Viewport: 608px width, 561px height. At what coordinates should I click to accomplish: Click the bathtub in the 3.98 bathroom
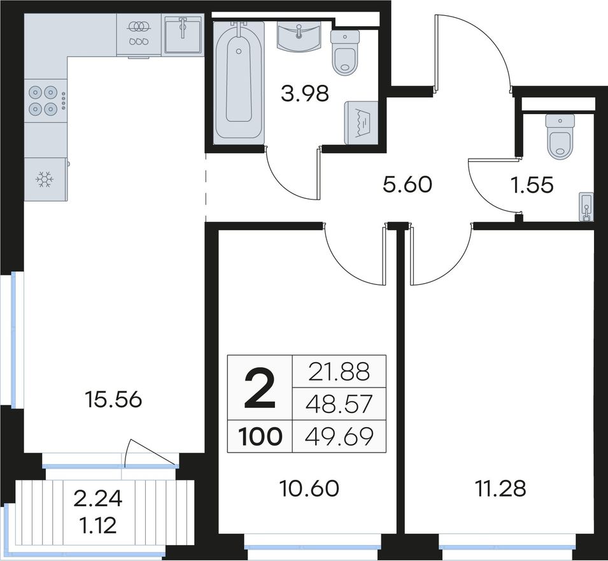click(x=239, y=80)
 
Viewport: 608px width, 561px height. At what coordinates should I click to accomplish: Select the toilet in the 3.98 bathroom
click(x=344, y=52)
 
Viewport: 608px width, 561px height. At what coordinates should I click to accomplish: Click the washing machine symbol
click(x=360, y=122)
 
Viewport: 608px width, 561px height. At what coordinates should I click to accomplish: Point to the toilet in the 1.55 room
click(x=559, y=136)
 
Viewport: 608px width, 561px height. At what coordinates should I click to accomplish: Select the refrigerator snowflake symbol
click(x=44, y=179)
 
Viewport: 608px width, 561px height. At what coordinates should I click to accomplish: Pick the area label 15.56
click(x=113, y=400)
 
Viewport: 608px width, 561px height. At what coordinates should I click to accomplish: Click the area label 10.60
click(x=309, y=488)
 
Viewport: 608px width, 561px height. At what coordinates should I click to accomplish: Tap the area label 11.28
click(x=500, y=488)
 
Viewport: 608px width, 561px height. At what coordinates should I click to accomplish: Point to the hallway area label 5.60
click(x=407, y=184)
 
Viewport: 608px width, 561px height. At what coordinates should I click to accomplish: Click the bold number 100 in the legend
click(x=260, y=437)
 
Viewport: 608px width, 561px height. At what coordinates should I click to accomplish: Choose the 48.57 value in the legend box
click(x=339, y=404)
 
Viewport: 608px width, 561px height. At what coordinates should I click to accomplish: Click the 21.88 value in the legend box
click(x=339, y=372)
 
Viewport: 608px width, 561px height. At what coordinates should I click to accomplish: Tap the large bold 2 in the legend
click(x=260, y=389)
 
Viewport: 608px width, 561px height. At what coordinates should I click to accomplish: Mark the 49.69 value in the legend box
click(x=339, y=437)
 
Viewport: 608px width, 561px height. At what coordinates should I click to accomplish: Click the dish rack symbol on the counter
click(x=139, y=34)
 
